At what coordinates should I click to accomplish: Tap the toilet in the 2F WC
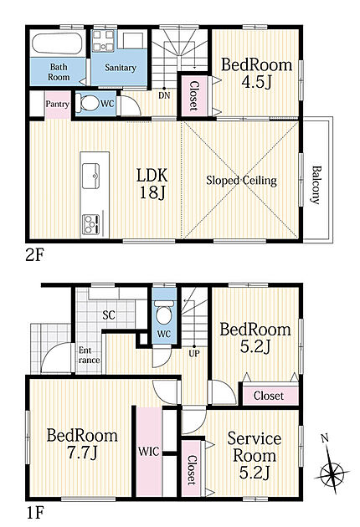tap(86, 103)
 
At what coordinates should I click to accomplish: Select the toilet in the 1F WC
tap(164, 313)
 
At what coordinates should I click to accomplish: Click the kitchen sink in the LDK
tap(91, 176)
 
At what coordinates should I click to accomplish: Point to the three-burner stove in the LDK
tap(90, 224)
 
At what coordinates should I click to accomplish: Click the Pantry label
tap(57, 105)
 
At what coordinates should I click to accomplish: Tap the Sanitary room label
tap(120, 68)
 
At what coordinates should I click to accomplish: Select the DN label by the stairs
tap(164, 96)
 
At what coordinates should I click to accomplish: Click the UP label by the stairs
tap(194, 353)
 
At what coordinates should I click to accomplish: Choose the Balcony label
tap(316, 185)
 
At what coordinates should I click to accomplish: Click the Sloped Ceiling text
tap(241, 181)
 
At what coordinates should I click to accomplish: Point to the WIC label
tap(148, 451)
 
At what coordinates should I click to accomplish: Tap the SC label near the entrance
tap(109, 315)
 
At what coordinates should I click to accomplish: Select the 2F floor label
tap(34, 256)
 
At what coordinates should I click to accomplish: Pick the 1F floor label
tap(34, 513)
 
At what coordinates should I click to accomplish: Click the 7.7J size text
tap(82, 453)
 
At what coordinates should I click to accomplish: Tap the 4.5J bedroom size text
tap(256, 82)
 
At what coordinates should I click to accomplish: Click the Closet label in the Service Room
tap(191, 470)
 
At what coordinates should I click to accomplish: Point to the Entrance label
tap(89, 356)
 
